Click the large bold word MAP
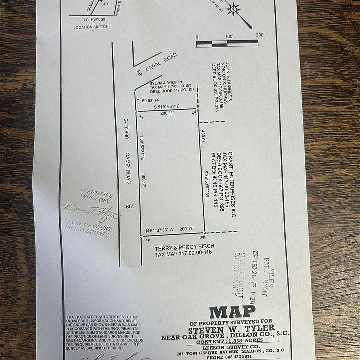point(232,312)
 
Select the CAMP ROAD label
point(128,167)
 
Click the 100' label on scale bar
point(229,37)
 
